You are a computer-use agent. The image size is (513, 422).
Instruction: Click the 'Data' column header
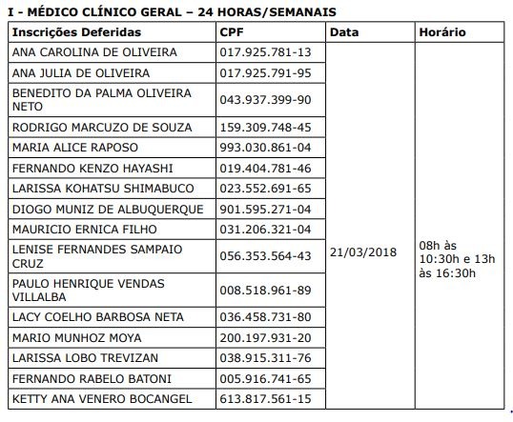345,31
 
